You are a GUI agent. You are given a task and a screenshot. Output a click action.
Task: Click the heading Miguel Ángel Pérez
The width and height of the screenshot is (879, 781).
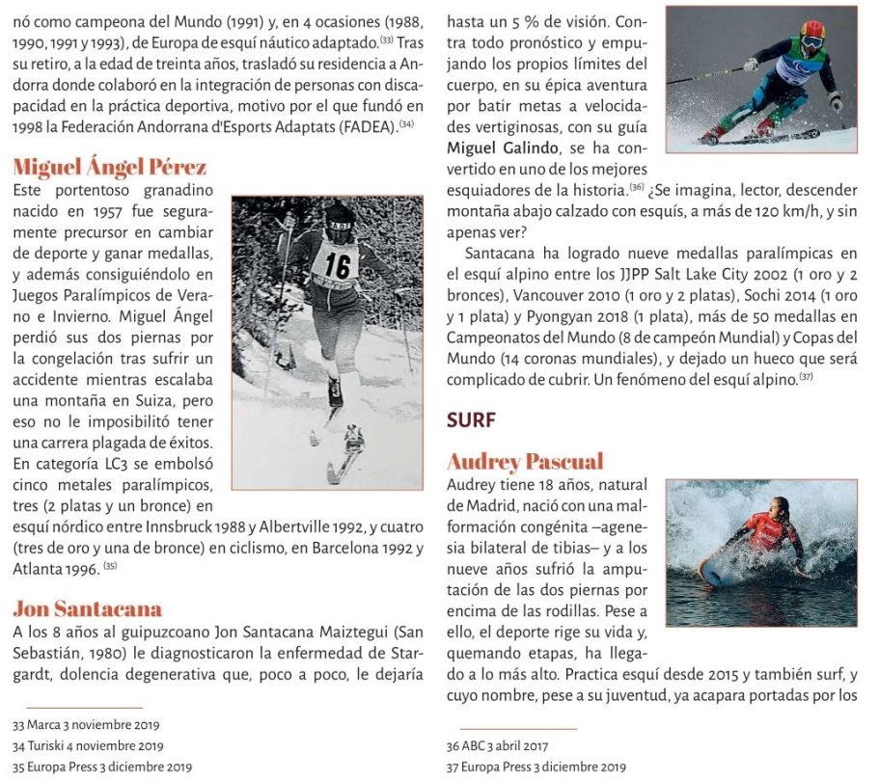pyautogui.click(x=110, y=168)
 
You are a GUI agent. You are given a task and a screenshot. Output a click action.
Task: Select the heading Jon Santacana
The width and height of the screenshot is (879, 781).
pyautogui.click(x=87, y=607)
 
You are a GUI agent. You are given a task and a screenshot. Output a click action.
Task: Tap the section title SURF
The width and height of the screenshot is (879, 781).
pyautogui.click(x=470, y=418)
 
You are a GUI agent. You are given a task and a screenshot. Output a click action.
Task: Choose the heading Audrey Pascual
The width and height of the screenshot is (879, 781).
pyautogui.click(x=525, y=461)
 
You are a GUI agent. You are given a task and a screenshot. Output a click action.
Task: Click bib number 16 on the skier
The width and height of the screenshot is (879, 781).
pyautogui.click(x=337, y=265)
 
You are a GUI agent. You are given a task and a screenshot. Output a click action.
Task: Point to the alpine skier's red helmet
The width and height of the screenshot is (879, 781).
pyautogui.click(x=812, y=34)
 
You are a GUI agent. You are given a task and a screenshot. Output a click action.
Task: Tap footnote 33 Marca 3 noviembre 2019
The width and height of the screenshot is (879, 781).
pyautogui.click(x=87, y=724)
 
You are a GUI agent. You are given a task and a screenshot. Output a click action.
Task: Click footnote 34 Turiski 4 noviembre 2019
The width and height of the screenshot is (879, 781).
pyautogui.click(x=88, y=745)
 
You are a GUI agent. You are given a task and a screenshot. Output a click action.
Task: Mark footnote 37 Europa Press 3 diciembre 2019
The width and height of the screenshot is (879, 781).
pyautogui.click(x=536, y=767)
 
